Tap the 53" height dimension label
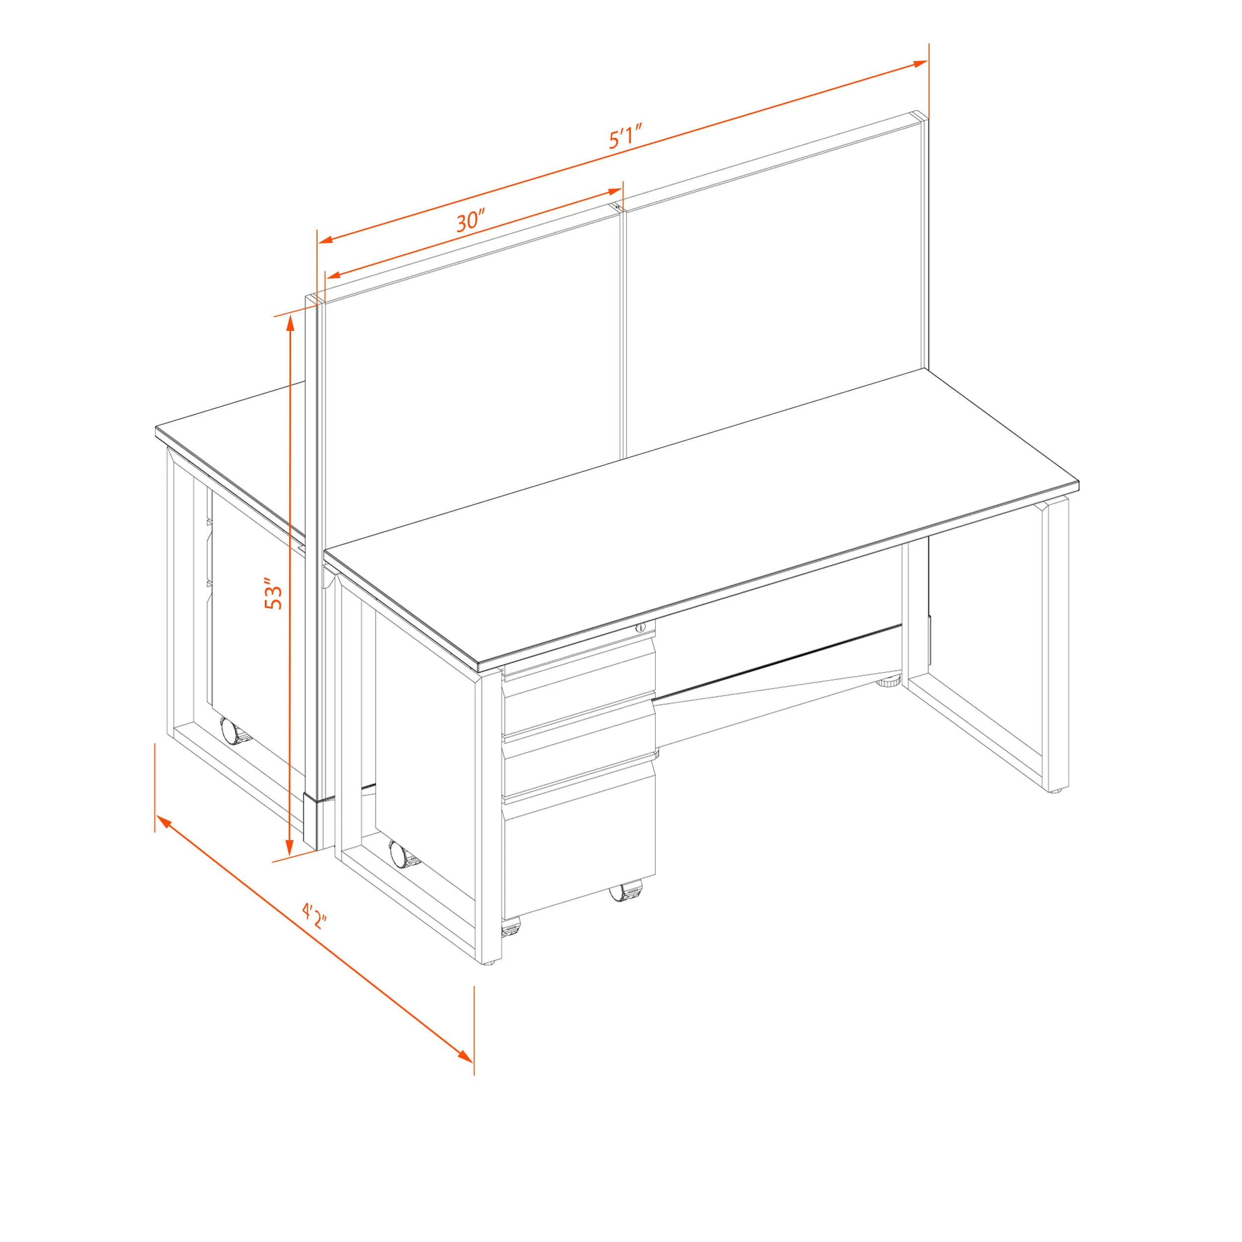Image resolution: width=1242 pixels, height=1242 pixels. (273, 595)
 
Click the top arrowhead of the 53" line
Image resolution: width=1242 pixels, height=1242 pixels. (291, 324)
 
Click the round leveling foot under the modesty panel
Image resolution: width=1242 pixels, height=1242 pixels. (889, 682)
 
